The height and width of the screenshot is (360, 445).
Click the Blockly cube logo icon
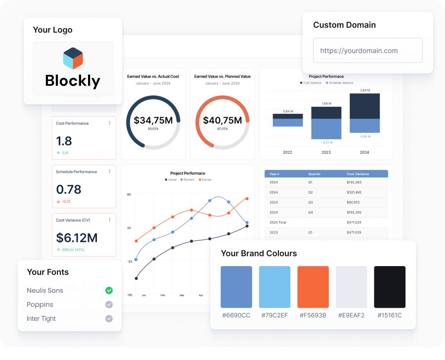coord(73,58)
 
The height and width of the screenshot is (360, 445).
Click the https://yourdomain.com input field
coord(368,50)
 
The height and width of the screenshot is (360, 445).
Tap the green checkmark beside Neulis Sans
coord(109,290)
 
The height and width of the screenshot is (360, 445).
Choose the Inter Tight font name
coord(42,318)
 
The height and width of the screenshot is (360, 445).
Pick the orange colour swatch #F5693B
coord(313,287)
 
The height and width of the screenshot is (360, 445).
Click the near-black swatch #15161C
coord(390,287)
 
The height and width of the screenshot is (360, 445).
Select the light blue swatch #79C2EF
coord(275,287)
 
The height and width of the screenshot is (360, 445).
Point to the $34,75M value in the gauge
coord(153,120)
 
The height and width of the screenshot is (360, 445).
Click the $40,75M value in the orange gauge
coord(222,120)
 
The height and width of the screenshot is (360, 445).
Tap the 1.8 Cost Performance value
coord(64,141)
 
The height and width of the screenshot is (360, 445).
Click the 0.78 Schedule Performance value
coord(68,189)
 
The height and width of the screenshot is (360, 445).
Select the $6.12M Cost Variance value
coord(77,238)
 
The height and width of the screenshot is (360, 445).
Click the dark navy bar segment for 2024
coord(364,106)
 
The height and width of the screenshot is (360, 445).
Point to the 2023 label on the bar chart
coord(326,152)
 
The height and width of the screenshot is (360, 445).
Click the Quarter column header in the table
coord(314,174)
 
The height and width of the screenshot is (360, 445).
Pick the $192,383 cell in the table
coord(354,182)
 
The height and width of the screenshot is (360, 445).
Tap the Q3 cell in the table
coord(311,202)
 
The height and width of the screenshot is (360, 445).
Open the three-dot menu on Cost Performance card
coord(110,123)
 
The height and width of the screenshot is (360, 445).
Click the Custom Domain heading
coord(345,25)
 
